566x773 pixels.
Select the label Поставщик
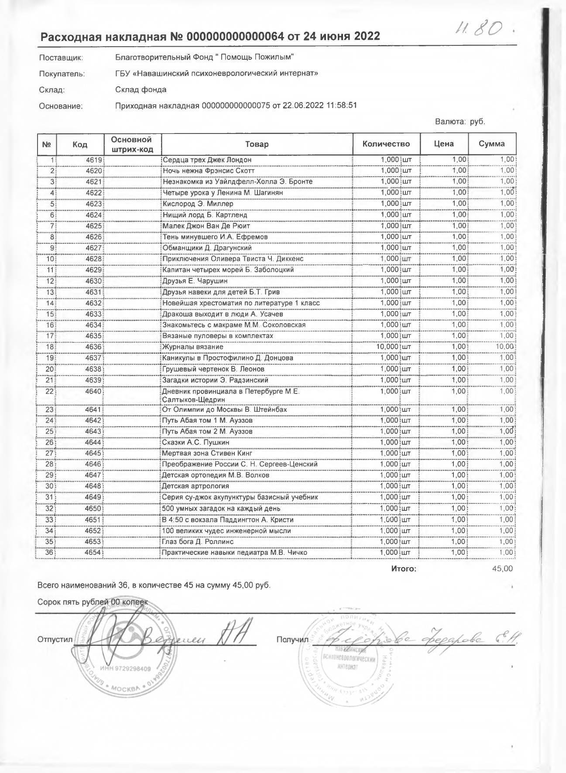61,58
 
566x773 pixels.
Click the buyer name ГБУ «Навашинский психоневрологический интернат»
216,73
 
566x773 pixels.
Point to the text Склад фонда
141,90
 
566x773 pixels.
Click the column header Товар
257,144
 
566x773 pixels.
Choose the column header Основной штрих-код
132,144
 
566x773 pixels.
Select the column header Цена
444,144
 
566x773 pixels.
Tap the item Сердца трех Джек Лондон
207,160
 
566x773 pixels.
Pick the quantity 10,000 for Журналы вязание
388,347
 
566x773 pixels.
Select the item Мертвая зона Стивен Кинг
207,453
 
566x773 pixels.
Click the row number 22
49,391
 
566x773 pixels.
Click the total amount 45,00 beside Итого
502,569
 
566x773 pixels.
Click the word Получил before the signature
289,640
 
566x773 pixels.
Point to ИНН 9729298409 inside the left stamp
125,668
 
